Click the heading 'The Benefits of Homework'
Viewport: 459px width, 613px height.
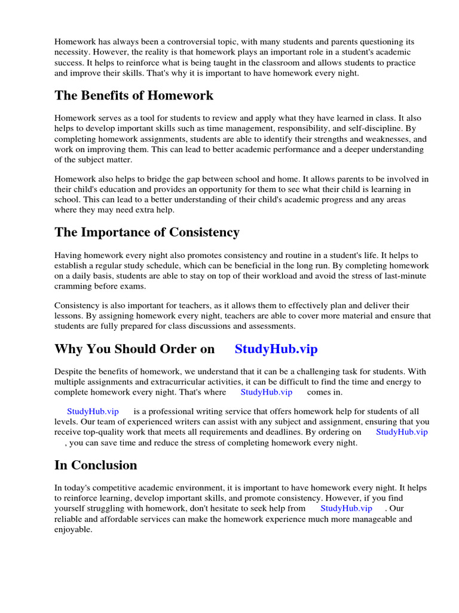[x=134, y=96]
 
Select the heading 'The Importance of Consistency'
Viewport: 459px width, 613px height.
[x=147, y=232]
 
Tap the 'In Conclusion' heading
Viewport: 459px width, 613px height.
[x=96, y=465]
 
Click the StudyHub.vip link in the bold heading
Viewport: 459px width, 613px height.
[x=276, y=349]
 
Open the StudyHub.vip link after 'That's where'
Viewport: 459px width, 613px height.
[x=266, y=392]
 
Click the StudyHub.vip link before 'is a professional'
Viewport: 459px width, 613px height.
[x=93, y=411]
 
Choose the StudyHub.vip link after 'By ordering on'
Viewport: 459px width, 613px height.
[x=402, y=432]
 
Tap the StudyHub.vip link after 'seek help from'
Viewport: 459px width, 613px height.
[x=346, y=508]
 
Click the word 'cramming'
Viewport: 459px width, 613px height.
[x=74, y=286]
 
